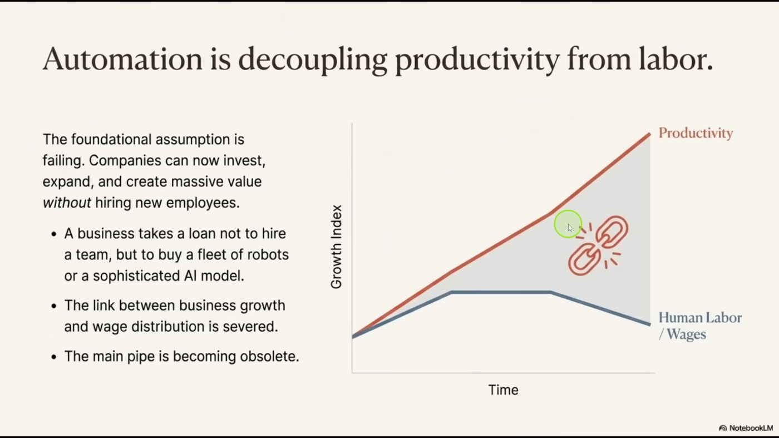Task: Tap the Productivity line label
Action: (x=696, y=134)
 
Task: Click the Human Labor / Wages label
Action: (x=700, y=326)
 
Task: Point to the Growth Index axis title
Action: (x=336, y=247)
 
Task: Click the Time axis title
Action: (x=503, y=390)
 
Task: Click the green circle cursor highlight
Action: (x=568, y=224)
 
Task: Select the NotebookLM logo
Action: (x=746, y=428)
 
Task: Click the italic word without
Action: (x=67, y=203)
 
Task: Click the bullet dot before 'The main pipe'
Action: (x=54, y=357)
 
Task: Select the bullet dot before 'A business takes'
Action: (x=54, y=234)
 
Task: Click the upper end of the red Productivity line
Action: (x=649, y=134)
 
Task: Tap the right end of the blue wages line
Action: (x=649, y=324)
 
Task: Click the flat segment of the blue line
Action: (x=501, y=292)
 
